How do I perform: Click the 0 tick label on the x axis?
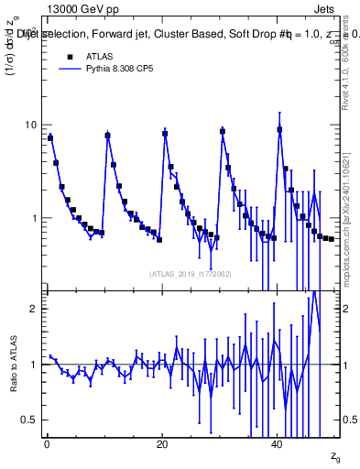coord(47,445)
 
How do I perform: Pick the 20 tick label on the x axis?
coord(162,445)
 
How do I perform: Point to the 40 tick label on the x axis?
coord(278,445)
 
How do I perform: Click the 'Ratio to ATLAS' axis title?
coord(12,364)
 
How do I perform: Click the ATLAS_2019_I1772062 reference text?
coord(191,274)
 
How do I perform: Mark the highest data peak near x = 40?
coord(279,129)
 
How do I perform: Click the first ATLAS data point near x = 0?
coord(50,138)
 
